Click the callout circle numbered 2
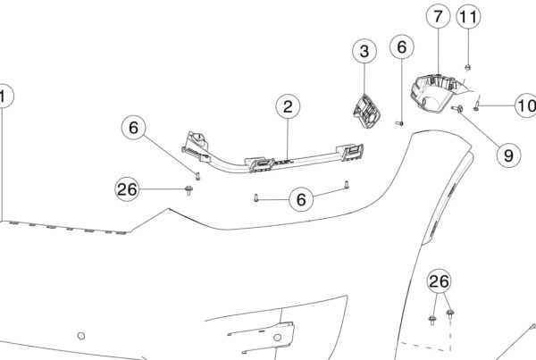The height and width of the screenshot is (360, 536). (x=288, y=108)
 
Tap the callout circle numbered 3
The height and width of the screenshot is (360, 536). (x=364, y=53)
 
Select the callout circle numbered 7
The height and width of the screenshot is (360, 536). (x=437, y=16)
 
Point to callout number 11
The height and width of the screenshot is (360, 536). (x=469, y=16)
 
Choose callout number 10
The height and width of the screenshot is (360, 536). (x=525, y=105)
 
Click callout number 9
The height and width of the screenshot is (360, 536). (x=507, y=154)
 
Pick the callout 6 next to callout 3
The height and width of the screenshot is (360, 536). (x=401, y=46)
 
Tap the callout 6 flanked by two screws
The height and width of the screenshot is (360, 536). (x=301, y=198)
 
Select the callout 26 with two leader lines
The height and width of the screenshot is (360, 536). (x=439, y=282)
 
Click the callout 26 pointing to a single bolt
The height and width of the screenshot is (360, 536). (x=128, y=188)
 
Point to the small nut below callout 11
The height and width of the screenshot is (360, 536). (x=469, y=65)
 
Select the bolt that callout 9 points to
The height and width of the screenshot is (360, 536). (x=459, y=109)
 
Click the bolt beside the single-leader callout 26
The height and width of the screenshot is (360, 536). (x=188, y=189)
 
